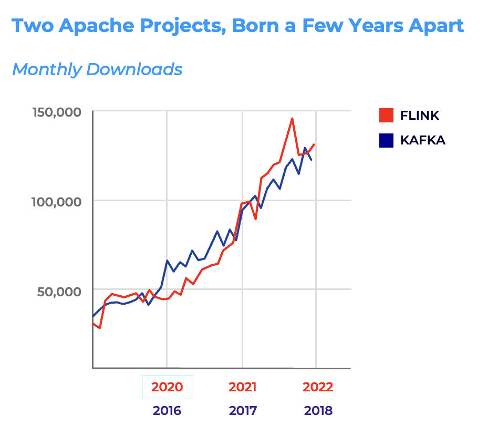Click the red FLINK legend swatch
[386, 116]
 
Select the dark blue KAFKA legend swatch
[386, 140]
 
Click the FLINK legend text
[420, 116]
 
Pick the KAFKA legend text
[422, 140]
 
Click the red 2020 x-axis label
[167, 388]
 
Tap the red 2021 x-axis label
[243, 388]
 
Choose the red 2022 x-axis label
[318, 388]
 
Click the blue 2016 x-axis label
[167, 411]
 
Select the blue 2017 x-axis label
[243, 411]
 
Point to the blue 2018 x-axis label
[318, 411]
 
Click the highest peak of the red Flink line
[292, 119]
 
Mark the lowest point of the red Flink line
[99, 328]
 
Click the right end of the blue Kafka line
[312, 160]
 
